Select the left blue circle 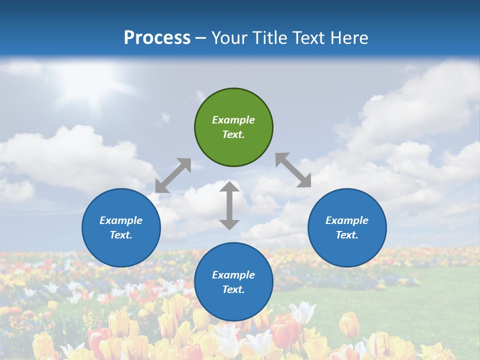coord(121,227)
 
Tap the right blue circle coord(347,227)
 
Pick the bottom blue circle coord(233,282)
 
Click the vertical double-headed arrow coord(229,205)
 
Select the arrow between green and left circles coord(173,175)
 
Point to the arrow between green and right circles coord(293,170)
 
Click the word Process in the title coord(157,38)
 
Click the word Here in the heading coord(349,38)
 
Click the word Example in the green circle coord(233,120)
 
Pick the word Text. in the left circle coord(121,235)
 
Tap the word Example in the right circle coord(347,220)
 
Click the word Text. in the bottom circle coord(233,289)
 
